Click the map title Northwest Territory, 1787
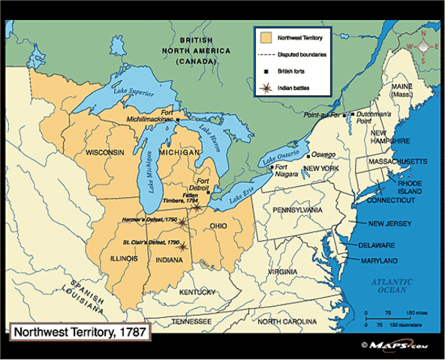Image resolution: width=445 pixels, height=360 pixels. pyautogui.click(x=77, y=331)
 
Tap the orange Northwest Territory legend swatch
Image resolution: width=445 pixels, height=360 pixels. pyautogui.click(x=266, y=36)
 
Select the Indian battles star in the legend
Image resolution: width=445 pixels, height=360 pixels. pyautogui.click(x=266, y=88)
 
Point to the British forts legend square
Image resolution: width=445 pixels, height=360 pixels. pyautogui.click(x=266, y=71)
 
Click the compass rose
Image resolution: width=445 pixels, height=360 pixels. pyautogui.click(x=424, y=45)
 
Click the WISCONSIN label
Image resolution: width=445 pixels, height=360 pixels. pyautogui.click(x=104, y=152)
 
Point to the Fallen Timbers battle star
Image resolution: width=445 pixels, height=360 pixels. pyautogui.click(x=197, y=208)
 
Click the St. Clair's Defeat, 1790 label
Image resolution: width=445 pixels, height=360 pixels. pyautogui.click(x=152, y=243)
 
